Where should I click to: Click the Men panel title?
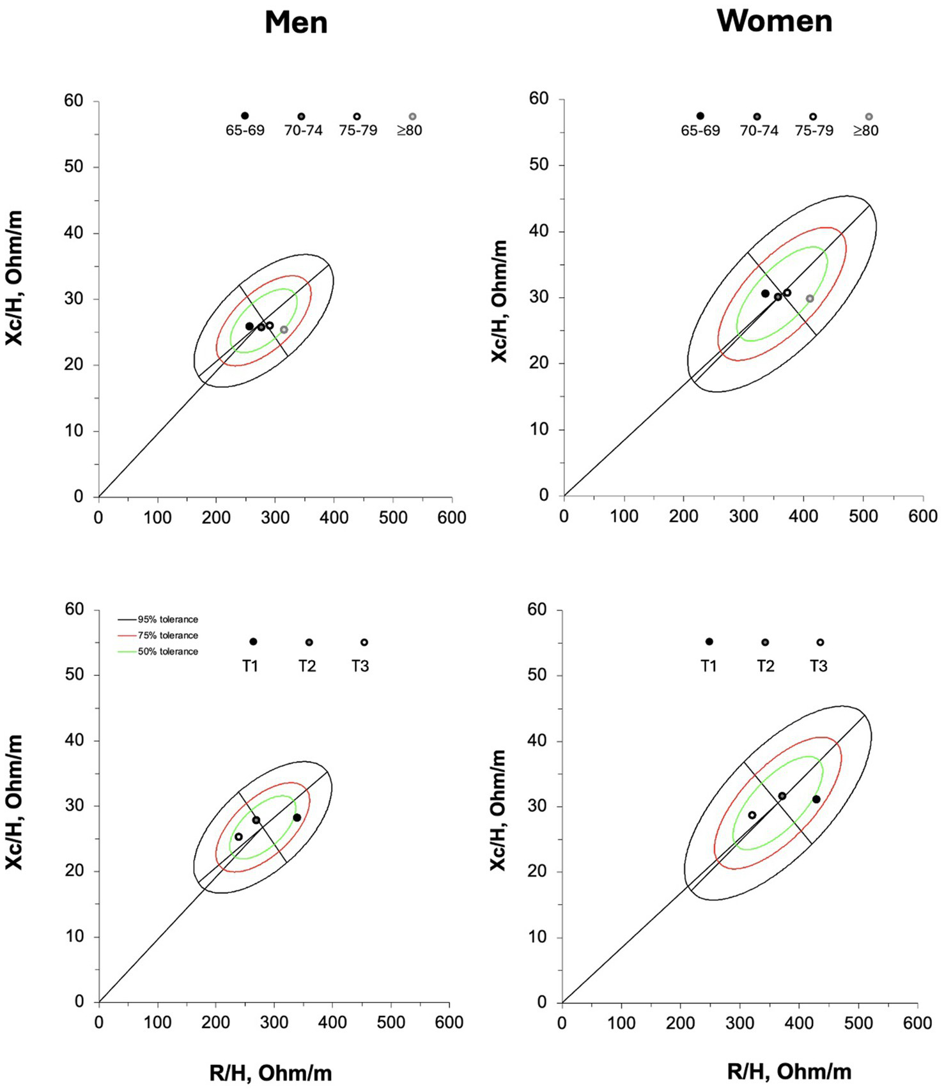click(x=296, y=23)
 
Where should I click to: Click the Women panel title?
click(x=775, y=21)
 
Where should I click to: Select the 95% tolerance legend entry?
click(x=167, y=619)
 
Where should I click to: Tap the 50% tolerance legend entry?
click(x=167, y=651)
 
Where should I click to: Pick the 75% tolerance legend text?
click(x=167, y=635)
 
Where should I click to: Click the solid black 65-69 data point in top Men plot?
click(x=249, y=326)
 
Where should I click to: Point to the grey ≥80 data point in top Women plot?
click(x=810, y=298)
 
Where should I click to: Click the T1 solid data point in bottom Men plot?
click(x=297, y=817)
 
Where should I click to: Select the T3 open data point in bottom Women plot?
click(x=752, y=815)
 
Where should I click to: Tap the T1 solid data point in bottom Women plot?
click(x=816, y=799)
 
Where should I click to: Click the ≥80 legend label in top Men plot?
click(x=409, y=130)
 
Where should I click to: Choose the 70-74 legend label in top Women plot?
click(x=759, y=130)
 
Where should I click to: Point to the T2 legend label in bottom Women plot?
click(x=765, y=666)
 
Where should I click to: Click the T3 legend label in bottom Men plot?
click(x=360, y=666)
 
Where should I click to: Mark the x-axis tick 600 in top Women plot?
click(x=922, y=516)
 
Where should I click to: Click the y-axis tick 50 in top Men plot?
click(x=74, y=167)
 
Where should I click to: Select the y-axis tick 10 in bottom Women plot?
click(x=538, y=937)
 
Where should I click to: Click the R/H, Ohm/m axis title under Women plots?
click(x=789, y=1071)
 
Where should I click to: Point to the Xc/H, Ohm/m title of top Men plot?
click(x=14, y=278)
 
